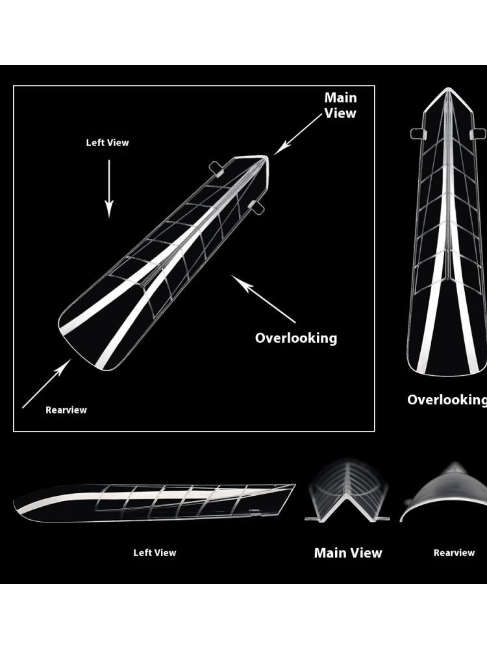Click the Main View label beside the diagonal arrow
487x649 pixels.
pyautogui.click(x=340, y=105)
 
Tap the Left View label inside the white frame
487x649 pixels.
pyautogui.click(x=108, y=143)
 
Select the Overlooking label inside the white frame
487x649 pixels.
pyautogui.click(x=296, y=337)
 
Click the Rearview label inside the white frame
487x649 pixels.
pyautogui.click(x=66, y=410)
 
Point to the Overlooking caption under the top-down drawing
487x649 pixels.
pyautogui.click(x=447, y=400)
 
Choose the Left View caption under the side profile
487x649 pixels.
pyautogui.click(x=155, y=553)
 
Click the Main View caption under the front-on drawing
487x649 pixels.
pyautogui.click(x=348, y=553)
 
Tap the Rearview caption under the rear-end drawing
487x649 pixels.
pyautogui.click(x=454, y=553)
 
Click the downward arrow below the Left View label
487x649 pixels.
pyautogui.click(x=109, y=188)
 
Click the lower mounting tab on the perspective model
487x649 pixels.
pyautogui.click(x=256, y=208)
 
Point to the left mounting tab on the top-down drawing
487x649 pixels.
pyautogui.click(x=417, y=134)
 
